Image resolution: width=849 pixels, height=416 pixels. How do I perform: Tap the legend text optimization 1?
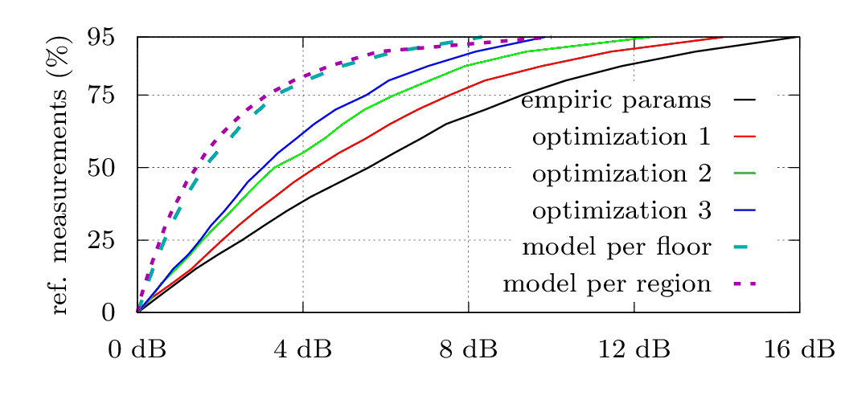[621, 137]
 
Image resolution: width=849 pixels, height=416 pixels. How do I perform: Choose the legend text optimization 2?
[621, 173]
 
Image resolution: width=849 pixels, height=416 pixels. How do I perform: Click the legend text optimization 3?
[621, 210]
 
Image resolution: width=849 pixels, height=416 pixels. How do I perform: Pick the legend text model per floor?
[617, 247]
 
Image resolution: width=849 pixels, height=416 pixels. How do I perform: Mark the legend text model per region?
[607, 283]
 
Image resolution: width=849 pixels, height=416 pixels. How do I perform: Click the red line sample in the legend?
[745, 137]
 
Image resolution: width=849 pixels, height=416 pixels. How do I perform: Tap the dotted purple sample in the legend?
[745, 283]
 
